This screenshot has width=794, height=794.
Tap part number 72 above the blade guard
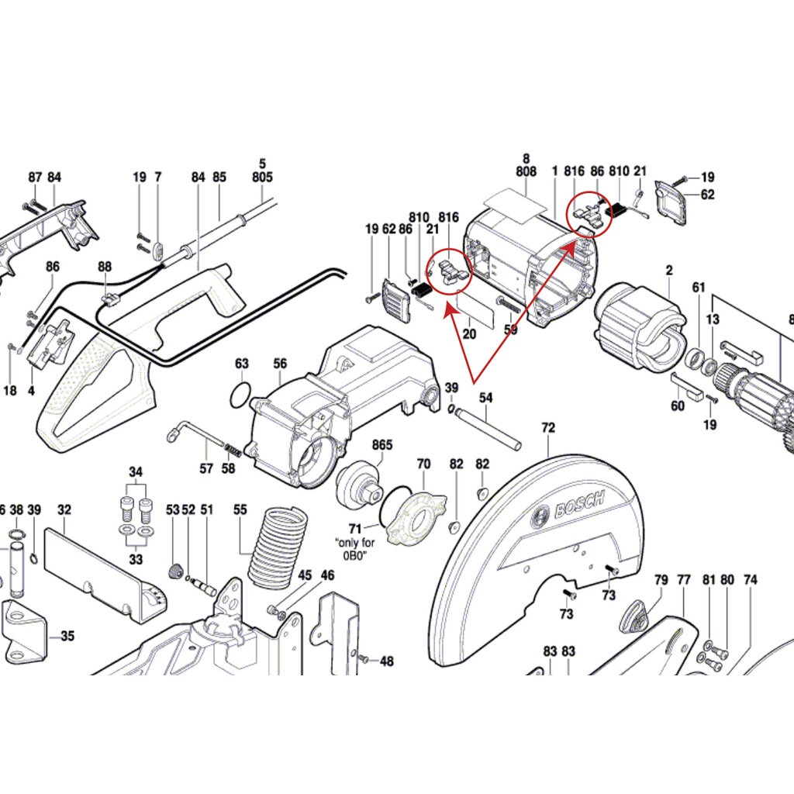point(548,428)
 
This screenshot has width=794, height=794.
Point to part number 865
point(382,444)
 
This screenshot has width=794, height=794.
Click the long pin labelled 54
point(487,428)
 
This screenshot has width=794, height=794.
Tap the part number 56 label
point(280,364)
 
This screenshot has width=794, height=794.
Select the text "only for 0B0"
point(355,548)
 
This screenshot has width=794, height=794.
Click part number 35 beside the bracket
point(68,636)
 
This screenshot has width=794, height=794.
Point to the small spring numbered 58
point(232,449)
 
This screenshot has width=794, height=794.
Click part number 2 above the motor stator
point(669,271)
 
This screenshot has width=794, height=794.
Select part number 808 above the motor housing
point(526,171)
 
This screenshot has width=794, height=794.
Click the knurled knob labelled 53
point(174,571)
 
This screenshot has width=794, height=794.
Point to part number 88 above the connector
point(105,267)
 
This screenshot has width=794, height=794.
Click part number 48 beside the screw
point(387,661)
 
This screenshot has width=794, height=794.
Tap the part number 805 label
point(262,177)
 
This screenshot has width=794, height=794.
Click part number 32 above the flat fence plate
point(64,509)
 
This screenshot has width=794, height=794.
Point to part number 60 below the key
point(678,406)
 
